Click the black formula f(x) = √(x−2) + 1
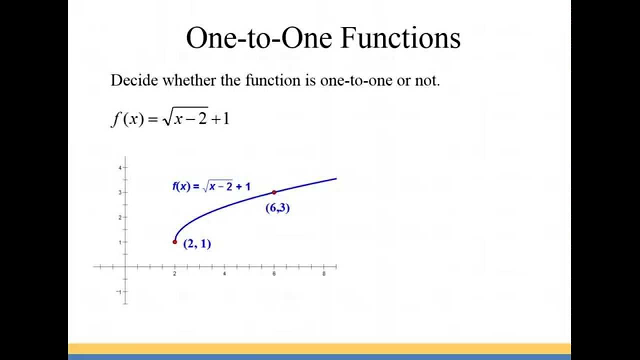169,119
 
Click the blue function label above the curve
211,187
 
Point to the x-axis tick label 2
174,274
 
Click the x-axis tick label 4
224,274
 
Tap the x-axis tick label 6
274,274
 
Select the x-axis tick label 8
323,274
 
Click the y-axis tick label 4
120,167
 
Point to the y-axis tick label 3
120,192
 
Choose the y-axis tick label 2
120,217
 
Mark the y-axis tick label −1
119,291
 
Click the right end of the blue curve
335,178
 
